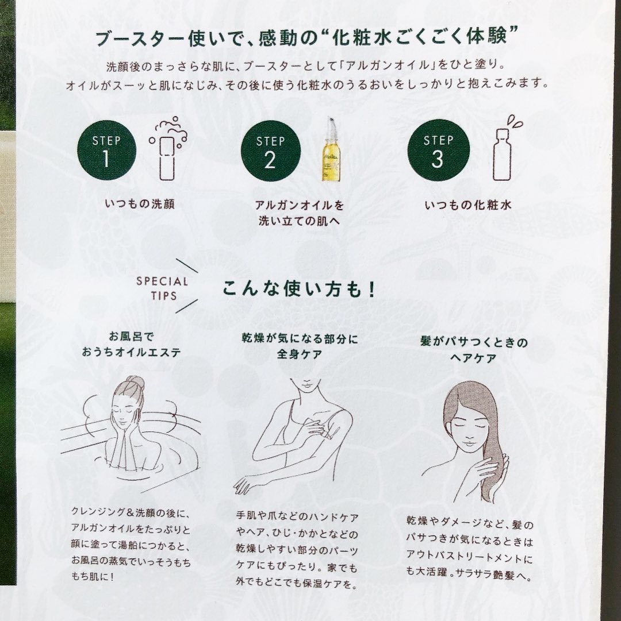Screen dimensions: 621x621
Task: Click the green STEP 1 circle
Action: pyautogui.click(x=106, y=151)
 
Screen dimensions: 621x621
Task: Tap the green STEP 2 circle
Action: pyautogui.click(x=271, y=151)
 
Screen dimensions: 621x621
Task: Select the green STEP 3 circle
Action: pyautogui.click(x=438, y=151)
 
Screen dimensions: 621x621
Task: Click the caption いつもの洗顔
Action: pyautogui.click(x=140, y=205)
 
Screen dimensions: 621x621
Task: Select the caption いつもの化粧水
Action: pyautogui.click(x=468, y=205)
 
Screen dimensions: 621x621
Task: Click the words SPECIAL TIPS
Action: pyautogui.click(x=163, y=288)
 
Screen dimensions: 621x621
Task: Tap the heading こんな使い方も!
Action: pyautogui.click(x=298, y=289)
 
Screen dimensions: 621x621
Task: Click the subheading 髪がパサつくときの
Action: pyautogui.click(x=474, y=341)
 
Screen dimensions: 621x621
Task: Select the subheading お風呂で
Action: pyautogui.click(x=131, y=337)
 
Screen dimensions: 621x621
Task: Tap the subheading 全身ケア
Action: pyautogui.click(x=300, y=354)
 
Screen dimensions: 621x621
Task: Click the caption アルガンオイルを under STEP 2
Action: pyautogui.click(x=299, y=205)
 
